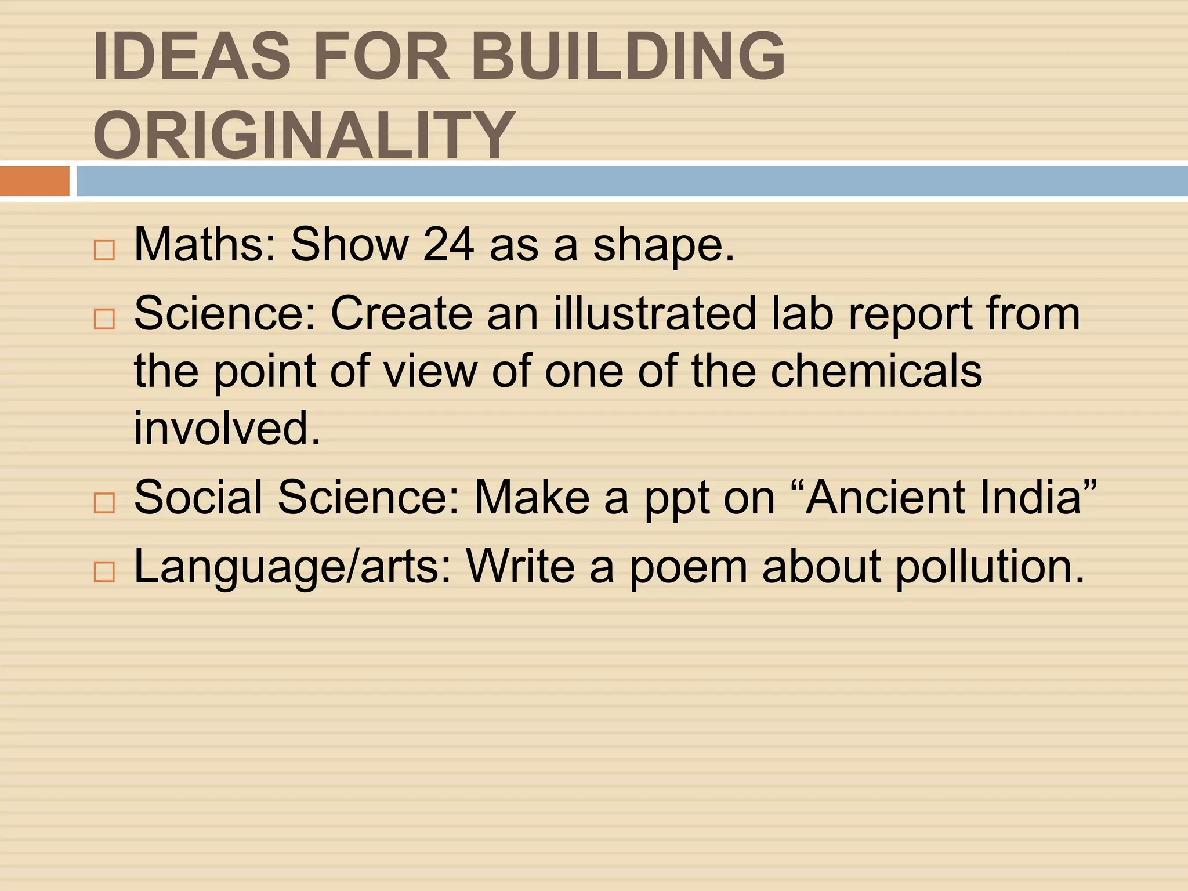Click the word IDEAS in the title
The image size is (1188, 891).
click(191, 56)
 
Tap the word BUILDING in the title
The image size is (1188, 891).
click(628, 56)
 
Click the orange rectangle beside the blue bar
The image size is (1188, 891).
click(35, 181)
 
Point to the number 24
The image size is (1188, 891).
click(448, 245)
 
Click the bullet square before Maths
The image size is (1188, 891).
click(104, 250)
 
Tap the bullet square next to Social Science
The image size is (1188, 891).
click(104, 502)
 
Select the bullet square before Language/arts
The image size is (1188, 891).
click(104, 571)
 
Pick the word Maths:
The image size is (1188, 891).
click(205, 245)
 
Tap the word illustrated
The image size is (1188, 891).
click(655, 313)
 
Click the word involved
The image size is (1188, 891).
click(227, 428)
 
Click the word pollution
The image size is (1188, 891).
click(990, 567)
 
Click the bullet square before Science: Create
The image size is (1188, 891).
click(104, 318)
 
